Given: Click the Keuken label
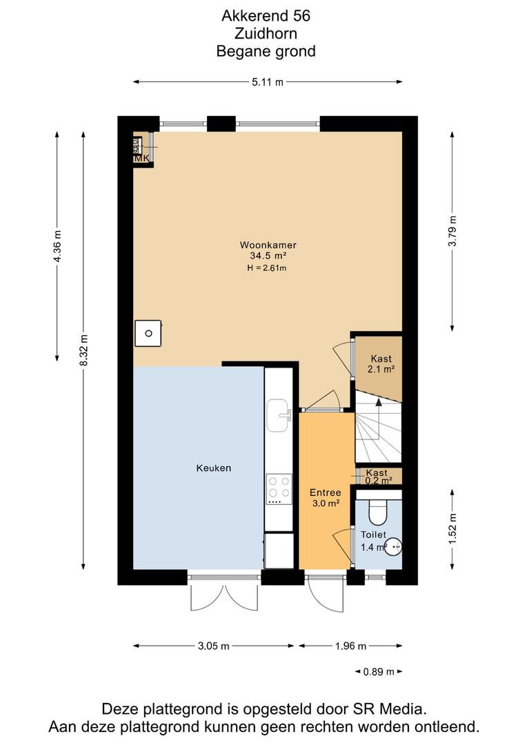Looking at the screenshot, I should pyautogui.click(x=213, y=468).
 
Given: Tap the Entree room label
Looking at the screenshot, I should pyautogui.click(x=325, y=493).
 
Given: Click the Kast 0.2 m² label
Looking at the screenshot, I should pyautogui.click(x=378, y=476).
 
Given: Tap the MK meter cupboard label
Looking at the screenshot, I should pyautogui.click(x=141, y=159).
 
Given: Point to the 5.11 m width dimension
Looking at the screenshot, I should pyautogui.click(x=268, y=82).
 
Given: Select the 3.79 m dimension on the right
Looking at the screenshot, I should pyautogui.click(x=453, y=232).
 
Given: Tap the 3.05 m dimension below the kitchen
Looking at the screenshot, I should pyautogui.click(x=213, y=646).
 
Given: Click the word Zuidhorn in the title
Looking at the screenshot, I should pyautogui.click(x=266, y=32).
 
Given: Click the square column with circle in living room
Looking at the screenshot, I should pyautogui.click(x=148, y=332).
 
